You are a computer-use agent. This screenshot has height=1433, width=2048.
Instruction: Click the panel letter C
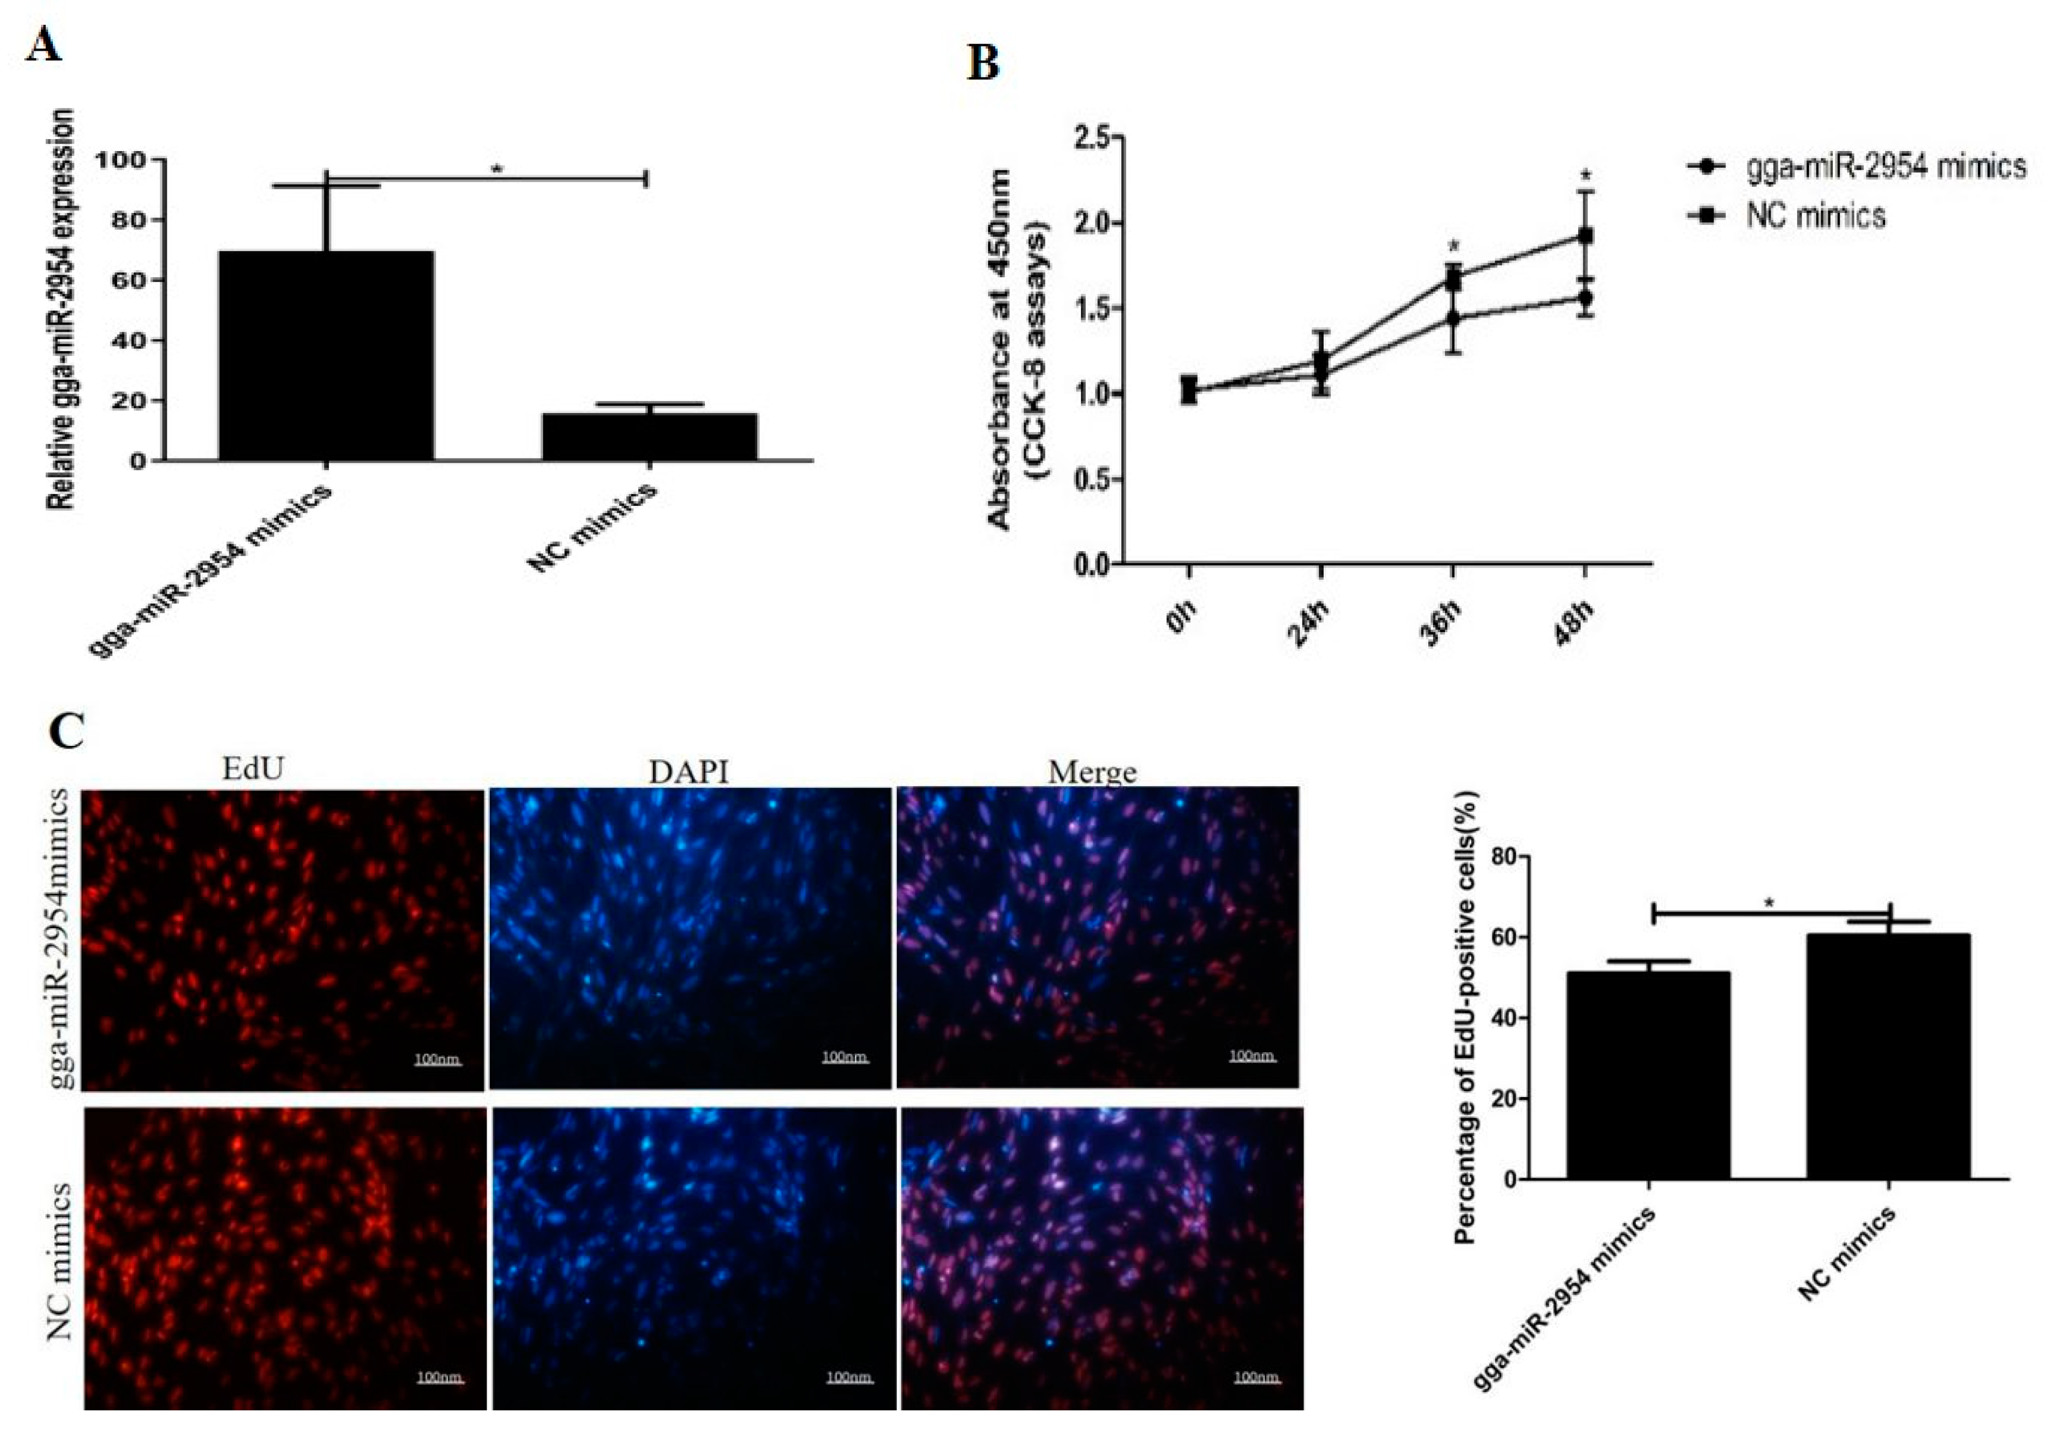67,731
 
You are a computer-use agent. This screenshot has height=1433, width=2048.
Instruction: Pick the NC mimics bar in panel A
649,436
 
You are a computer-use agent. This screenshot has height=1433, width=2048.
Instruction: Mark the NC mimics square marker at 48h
1586,236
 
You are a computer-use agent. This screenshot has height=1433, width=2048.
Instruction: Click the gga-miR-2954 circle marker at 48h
1586,298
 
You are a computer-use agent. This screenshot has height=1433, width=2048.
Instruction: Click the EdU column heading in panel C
254,769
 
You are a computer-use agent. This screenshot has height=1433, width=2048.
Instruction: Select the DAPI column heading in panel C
689,771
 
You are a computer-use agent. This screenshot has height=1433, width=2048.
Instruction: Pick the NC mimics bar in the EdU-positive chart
1888,1056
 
